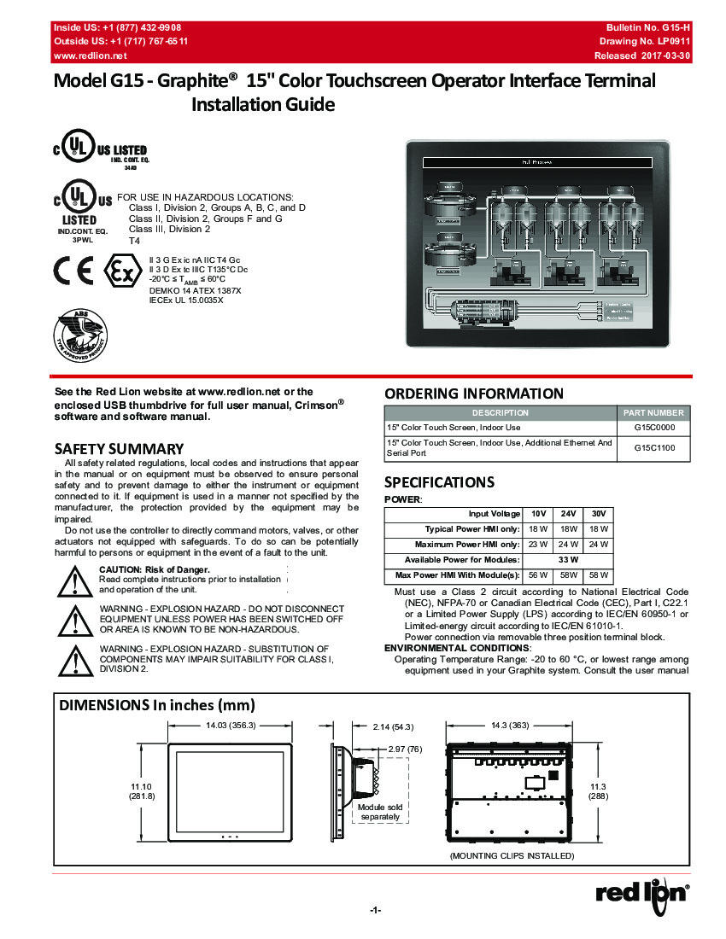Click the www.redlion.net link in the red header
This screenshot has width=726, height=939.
click(x=91, y=55)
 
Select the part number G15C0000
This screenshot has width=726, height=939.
click(x=654, y=427)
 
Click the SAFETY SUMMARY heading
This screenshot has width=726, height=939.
click(x=119, y=449)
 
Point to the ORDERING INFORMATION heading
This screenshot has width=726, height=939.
click(x=474, y=394)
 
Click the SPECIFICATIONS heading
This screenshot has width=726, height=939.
click(x=439, y=481)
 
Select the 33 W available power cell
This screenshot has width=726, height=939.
click(x=568, y=559)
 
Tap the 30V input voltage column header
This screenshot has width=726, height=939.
click(x=599, y=513)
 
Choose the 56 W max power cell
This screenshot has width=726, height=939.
click(x=538, y=574)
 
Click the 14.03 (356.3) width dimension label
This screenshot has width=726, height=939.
click(x=231, y=726)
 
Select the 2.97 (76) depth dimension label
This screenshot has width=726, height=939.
click(x=405, y=749)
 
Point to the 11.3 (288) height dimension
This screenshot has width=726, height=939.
click(x=598, y=790)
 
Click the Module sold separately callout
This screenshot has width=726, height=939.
click(x=380, y=812)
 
